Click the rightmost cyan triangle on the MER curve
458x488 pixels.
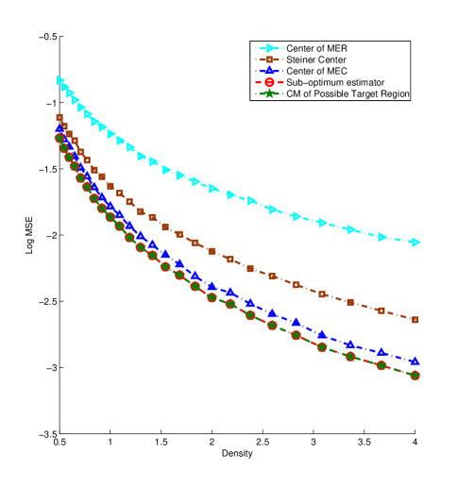tap(415, 243)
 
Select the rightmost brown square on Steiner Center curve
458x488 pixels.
tap(415, 319)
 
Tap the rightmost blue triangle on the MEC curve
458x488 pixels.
tap(415, 361)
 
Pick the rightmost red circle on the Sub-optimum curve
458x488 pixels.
tap(415, 375)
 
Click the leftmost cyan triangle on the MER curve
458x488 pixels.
tap(60, 80)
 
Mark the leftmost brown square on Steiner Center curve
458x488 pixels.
tap(60, 118)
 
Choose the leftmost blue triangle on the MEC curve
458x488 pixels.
tap(60, 127)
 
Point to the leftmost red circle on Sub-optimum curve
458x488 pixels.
tap(60, 138)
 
